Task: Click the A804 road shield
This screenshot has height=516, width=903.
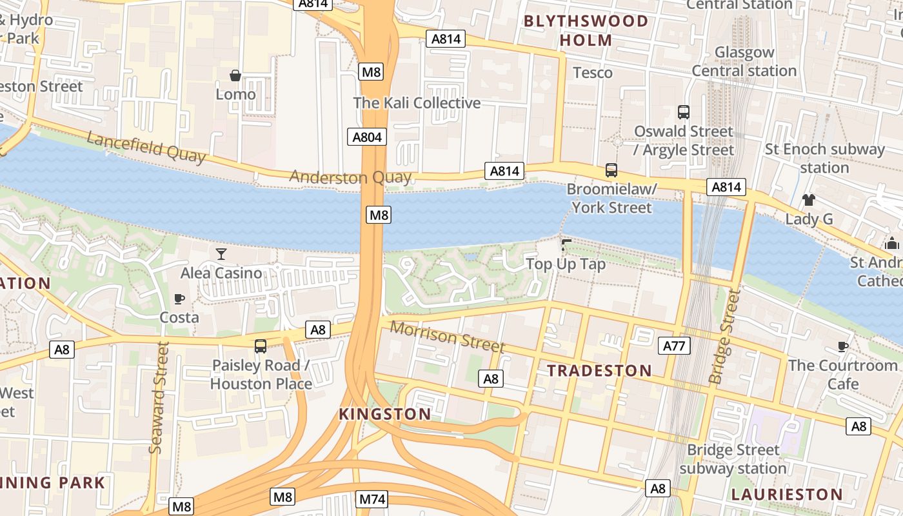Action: point(368,137)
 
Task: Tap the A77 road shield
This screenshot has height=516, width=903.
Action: point(674,346)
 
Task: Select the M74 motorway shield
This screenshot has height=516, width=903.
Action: point(372,499)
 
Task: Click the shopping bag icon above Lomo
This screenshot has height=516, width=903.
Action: point(235,76)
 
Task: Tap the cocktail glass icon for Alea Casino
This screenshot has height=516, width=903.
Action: point(221,254)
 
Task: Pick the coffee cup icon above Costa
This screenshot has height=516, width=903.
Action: point(179,299)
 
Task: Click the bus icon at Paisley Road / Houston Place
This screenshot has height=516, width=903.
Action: point(261,346)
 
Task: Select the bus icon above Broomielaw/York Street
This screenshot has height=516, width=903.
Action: point(611,170)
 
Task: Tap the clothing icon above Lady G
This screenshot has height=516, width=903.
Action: point(809,200)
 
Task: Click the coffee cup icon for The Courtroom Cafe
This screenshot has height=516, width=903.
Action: point(842,346)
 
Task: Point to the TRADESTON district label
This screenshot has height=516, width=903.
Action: point(599,371)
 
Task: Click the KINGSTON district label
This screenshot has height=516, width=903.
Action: point(385,414)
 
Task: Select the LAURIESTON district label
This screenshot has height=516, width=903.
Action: point(786,495)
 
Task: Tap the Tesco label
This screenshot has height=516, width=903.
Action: point(592,72)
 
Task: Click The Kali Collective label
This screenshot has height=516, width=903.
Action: point(417,103)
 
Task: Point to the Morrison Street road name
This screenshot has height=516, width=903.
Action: point(447,337)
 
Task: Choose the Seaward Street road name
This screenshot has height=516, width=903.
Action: point(158,398)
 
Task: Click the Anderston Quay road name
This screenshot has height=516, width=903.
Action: point(350,177)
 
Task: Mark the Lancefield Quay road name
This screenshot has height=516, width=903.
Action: point(146,147)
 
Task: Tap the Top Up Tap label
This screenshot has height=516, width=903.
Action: point(566,264)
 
